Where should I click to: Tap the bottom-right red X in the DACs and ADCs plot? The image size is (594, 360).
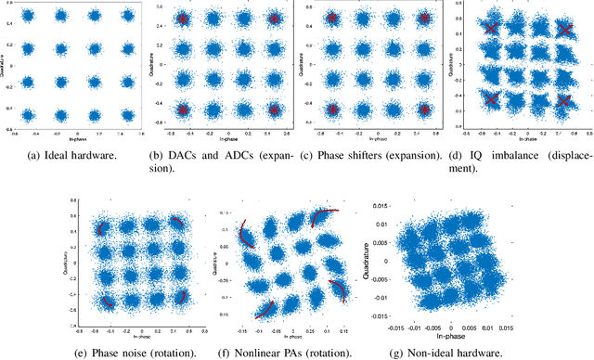click(274, 109)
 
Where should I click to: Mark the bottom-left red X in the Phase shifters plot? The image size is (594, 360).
click(332, 110)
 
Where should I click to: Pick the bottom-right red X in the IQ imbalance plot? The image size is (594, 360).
click(563, 100)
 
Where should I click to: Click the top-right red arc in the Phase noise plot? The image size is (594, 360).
click(175, 225)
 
